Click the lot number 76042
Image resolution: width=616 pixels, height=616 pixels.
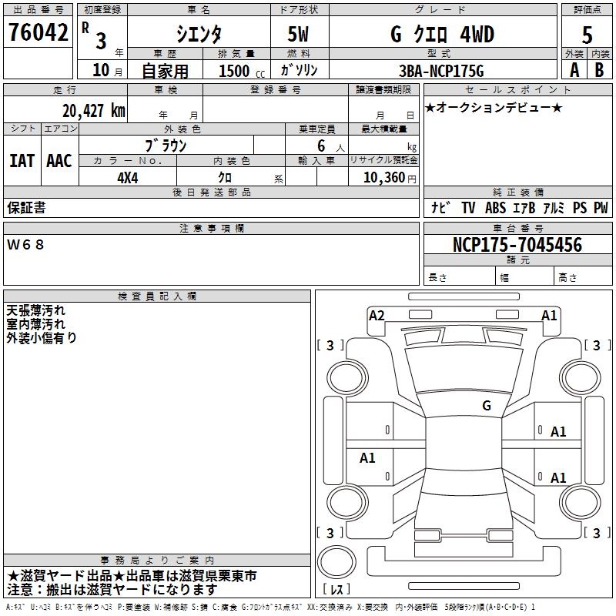[38, 32]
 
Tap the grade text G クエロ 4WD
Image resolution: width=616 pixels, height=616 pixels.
[442, 34]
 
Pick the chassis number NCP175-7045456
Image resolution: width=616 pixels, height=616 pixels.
[517, 245]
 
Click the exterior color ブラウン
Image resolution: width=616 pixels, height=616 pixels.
[166, 145]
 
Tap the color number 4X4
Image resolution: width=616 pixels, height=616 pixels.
[127, 178]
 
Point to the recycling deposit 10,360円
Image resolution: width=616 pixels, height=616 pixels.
[384, 178]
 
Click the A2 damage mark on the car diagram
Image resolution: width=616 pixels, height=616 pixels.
[377, 315]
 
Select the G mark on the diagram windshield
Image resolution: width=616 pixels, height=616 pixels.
[487, 406]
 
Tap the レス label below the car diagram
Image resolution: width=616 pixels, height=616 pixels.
[340, 590]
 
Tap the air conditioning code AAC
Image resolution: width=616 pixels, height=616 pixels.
[59, 161]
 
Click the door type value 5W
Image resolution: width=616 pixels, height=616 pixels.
[300, 34]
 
